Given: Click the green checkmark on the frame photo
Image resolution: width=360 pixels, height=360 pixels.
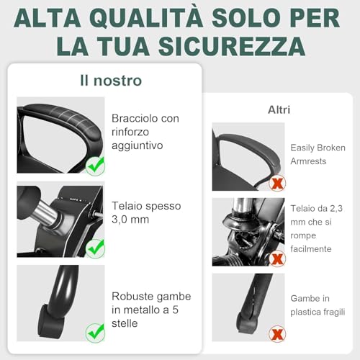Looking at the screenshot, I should pyautogui.click(x=95, y=248).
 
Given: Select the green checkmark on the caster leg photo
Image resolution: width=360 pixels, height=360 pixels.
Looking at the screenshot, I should pyautogui.click(x=95, y=332).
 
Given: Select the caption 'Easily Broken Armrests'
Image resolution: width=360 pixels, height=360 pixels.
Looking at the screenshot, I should pyautogui.click(x=318, y=154).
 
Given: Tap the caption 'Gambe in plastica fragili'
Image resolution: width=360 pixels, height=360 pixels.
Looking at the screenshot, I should pyautogui.click(x=318, y=305).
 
